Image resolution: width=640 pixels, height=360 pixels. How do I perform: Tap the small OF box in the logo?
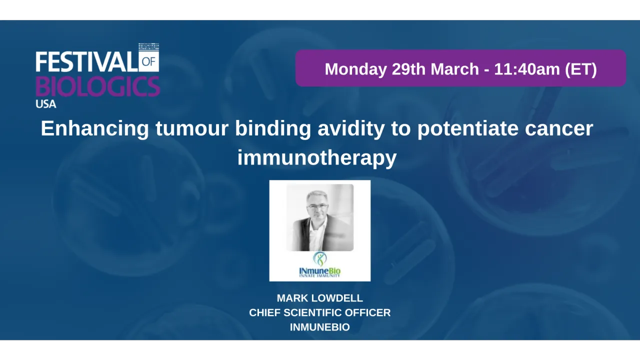[x=149, y=62]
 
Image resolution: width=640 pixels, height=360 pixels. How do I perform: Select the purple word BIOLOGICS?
[x=97, y=86]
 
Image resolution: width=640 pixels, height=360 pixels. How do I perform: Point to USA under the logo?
[x=46, y=104]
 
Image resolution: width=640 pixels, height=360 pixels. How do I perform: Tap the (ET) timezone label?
[x=581, y=68]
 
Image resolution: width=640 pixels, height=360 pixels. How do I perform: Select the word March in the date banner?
[x=454, y=68]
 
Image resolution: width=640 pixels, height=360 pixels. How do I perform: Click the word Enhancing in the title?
[x=94, y=128]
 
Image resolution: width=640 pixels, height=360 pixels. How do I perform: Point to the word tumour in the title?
[x=192, y=128]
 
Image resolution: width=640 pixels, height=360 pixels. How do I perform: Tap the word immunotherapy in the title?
[x=317, y=157]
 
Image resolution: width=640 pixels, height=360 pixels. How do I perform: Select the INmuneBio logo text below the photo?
[x=320, y=271]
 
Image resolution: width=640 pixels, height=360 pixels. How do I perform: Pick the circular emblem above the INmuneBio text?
[x=320, y=258]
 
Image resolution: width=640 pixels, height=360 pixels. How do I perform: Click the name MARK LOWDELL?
[x=320, y=298]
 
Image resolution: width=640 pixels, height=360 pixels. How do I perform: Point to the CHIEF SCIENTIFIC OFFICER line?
[x=320, y=312]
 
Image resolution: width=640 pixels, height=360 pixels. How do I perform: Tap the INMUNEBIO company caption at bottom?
[x=320, y=327]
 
